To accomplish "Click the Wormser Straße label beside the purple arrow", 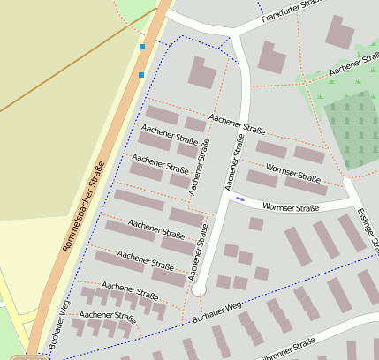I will coord(290,208).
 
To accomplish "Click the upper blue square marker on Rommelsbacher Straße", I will coord(142,46).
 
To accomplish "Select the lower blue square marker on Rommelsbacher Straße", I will coord(140,75).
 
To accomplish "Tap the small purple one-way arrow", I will coord(240,199).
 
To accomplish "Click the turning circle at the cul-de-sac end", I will coord(199,289).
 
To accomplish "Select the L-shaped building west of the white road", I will coord(201,72).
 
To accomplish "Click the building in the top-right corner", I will coord(340,31).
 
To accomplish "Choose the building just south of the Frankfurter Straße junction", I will coord(271,57).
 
